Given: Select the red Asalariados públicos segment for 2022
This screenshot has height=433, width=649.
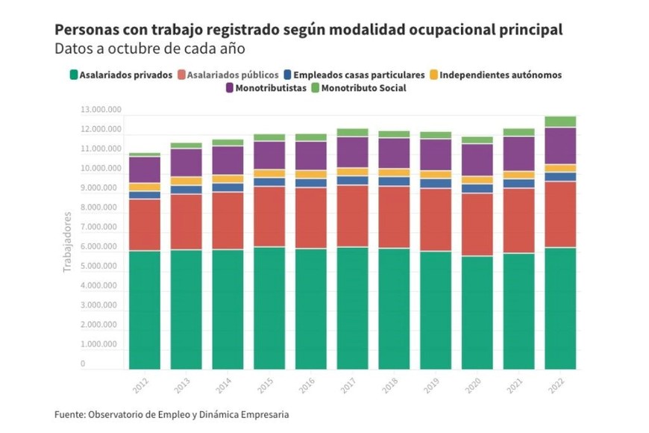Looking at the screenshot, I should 560,214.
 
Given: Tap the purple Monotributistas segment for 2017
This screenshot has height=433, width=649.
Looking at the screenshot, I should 352,152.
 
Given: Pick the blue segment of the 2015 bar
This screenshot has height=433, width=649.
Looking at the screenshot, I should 269,181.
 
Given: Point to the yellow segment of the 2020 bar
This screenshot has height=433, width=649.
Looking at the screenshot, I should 477,180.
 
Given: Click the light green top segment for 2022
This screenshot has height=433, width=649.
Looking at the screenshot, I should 560,122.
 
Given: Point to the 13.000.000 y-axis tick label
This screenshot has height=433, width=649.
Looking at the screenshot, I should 101,110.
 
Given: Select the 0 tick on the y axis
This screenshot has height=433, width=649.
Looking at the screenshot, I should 84,364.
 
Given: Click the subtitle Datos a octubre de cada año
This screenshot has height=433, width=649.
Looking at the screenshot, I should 149,49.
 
